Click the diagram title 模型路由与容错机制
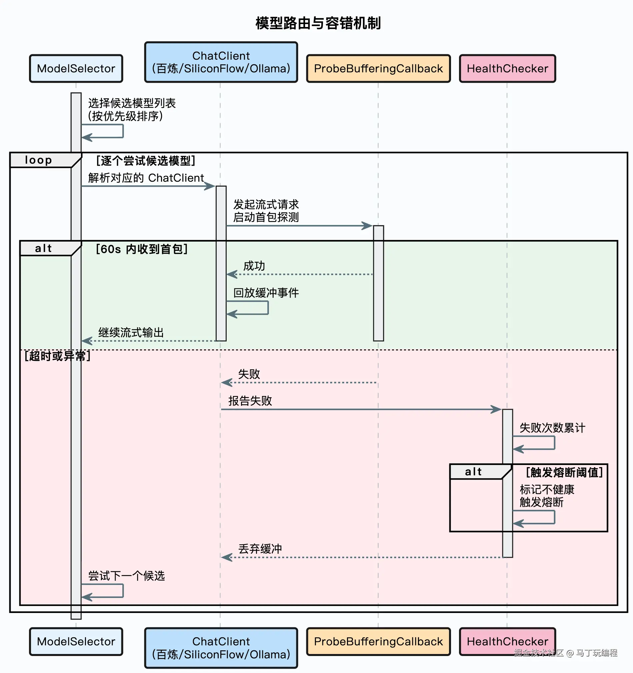tap(318, 23)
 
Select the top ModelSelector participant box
tap(76, 69)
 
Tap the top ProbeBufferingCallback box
tap(378, 69)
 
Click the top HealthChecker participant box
tap(507, 69)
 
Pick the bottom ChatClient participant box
tap(221, 648)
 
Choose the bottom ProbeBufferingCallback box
tap(378, 642)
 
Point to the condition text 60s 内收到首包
tap(141, 249)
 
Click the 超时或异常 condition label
tap(58, 356)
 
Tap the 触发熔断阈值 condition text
tap(564, 472)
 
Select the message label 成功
tap(254, 266)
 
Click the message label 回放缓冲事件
tap(266, 293)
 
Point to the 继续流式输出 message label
tap(131, 332)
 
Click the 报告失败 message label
tap(250, 401)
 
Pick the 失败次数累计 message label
tap(552, 428)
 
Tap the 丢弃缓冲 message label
tap(260, 549)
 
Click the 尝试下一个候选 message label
tap(126, 576)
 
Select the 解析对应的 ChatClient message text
tap(146, 178)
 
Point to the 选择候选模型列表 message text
tap(132, 103)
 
